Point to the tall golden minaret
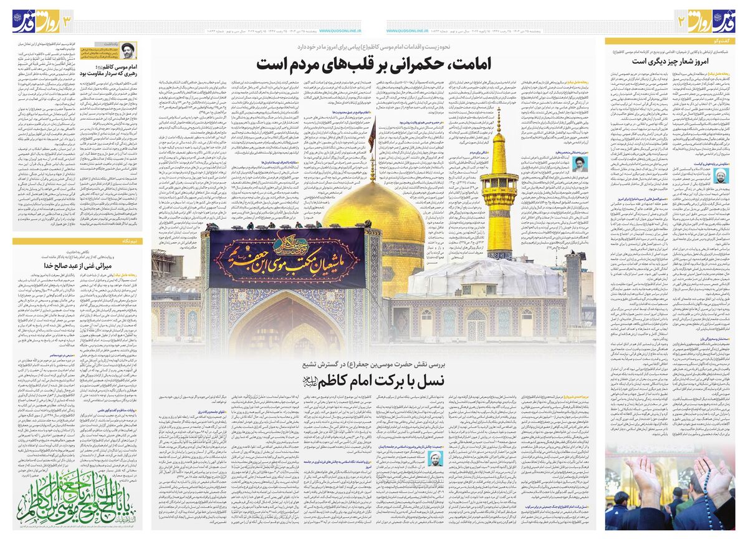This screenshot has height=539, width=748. click(498, 187)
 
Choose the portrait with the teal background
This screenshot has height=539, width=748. click(436, 459)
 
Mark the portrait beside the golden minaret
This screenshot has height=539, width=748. click(579, 164)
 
